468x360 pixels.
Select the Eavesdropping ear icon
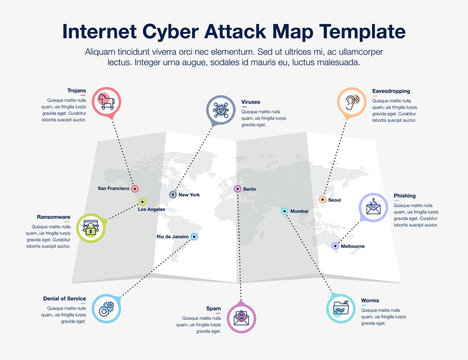348,101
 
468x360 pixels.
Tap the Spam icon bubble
241,319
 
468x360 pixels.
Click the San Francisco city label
113,188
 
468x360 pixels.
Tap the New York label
189,194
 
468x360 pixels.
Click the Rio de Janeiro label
172,236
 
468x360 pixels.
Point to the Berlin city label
250,189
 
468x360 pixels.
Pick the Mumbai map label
299,211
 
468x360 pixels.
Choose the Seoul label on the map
334,200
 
